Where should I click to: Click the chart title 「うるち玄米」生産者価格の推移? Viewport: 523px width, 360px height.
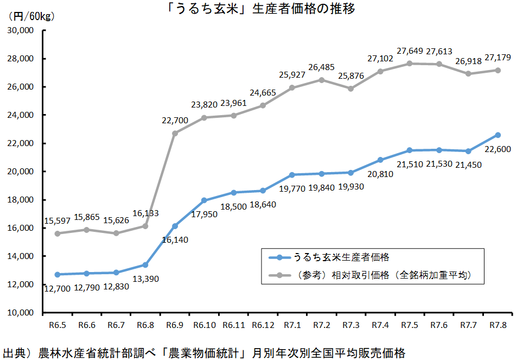tap(261, 9)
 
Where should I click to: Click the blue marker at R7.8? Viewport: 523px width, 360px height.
tap(498, 135)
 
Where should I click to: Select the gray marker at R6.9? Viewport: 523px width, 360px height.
tap(175, 133)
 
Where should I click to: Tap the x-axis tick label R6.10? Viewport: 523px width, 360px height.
tap(204, 325)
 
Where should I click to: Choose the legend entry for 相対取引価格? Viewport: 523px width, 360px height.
tap(380, 275)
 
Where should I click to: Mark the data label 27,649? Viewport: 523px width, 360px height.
tap(410, 51)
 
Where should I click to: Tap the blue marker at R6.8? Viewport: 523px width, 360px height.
tap(145, 264)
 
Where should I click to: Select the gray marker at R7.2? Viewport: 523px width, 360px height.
tap(322, 80)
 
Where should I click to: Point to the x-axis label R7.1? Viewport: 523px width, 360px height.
tap(292, 325)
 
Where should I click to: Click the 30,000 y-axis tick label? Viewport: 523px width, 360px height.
tap(20, 30)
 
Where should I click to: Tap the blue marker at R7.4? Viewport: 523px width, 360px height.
tap(380, 160)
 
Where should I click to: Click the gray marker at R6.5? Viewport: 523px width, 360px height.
tap(57, 233)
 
